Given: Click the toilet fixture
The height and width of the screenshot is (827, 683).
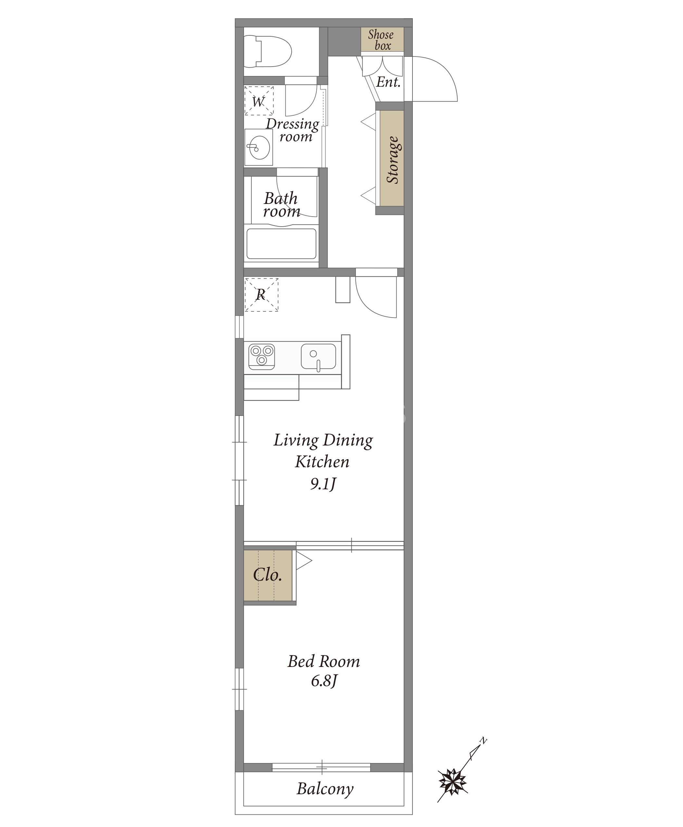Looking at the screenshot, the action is point(268,51).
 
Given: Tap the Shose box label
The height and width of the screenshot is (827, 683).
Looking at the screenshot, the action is point(381,40).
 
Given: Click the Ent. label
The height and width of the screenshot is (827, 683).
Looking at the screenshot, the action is point(388,82).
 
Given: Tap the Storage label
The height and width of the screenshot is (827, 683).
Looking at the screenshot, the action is point(393,160).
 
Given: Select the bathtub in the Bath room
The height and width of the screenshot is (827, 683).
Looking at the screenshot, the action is point(281,244).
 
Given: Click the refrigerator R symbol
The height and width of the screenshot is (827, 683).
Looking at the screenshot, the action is point(261,295).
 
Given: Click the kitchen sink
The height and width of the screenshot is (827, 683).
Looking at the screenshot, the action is point(318,357).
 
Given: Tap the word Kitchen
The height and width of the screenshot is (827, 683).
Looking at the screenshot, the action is point(322,462).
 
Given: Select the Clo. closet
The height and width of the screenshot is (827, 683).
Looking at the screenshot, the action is point(268,575).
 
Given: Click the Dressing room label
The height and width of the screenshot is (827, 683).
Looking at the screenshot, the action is point(292,130).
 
